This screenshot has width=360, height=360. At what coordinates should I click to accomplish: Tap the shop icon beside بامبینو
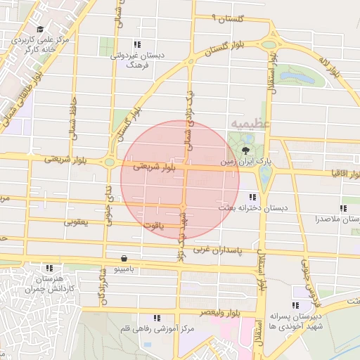[124, 258]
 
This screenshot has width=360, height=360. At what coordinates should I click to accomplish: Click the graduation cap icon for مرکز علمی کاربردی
[40, 30]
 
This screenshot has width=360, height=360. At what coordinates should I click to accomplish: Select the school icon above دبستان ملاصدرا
[343, 208]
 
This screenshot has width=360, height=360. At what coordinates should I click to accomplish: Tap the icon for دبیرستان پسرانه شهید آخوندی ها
[295, 305]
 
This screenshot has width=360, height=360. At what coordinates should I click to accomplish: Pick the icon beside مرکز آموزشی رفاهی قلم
[156, 319]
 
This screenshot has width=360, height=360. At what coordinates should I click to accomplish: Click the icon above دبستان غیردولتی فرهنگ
[137, 44]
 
